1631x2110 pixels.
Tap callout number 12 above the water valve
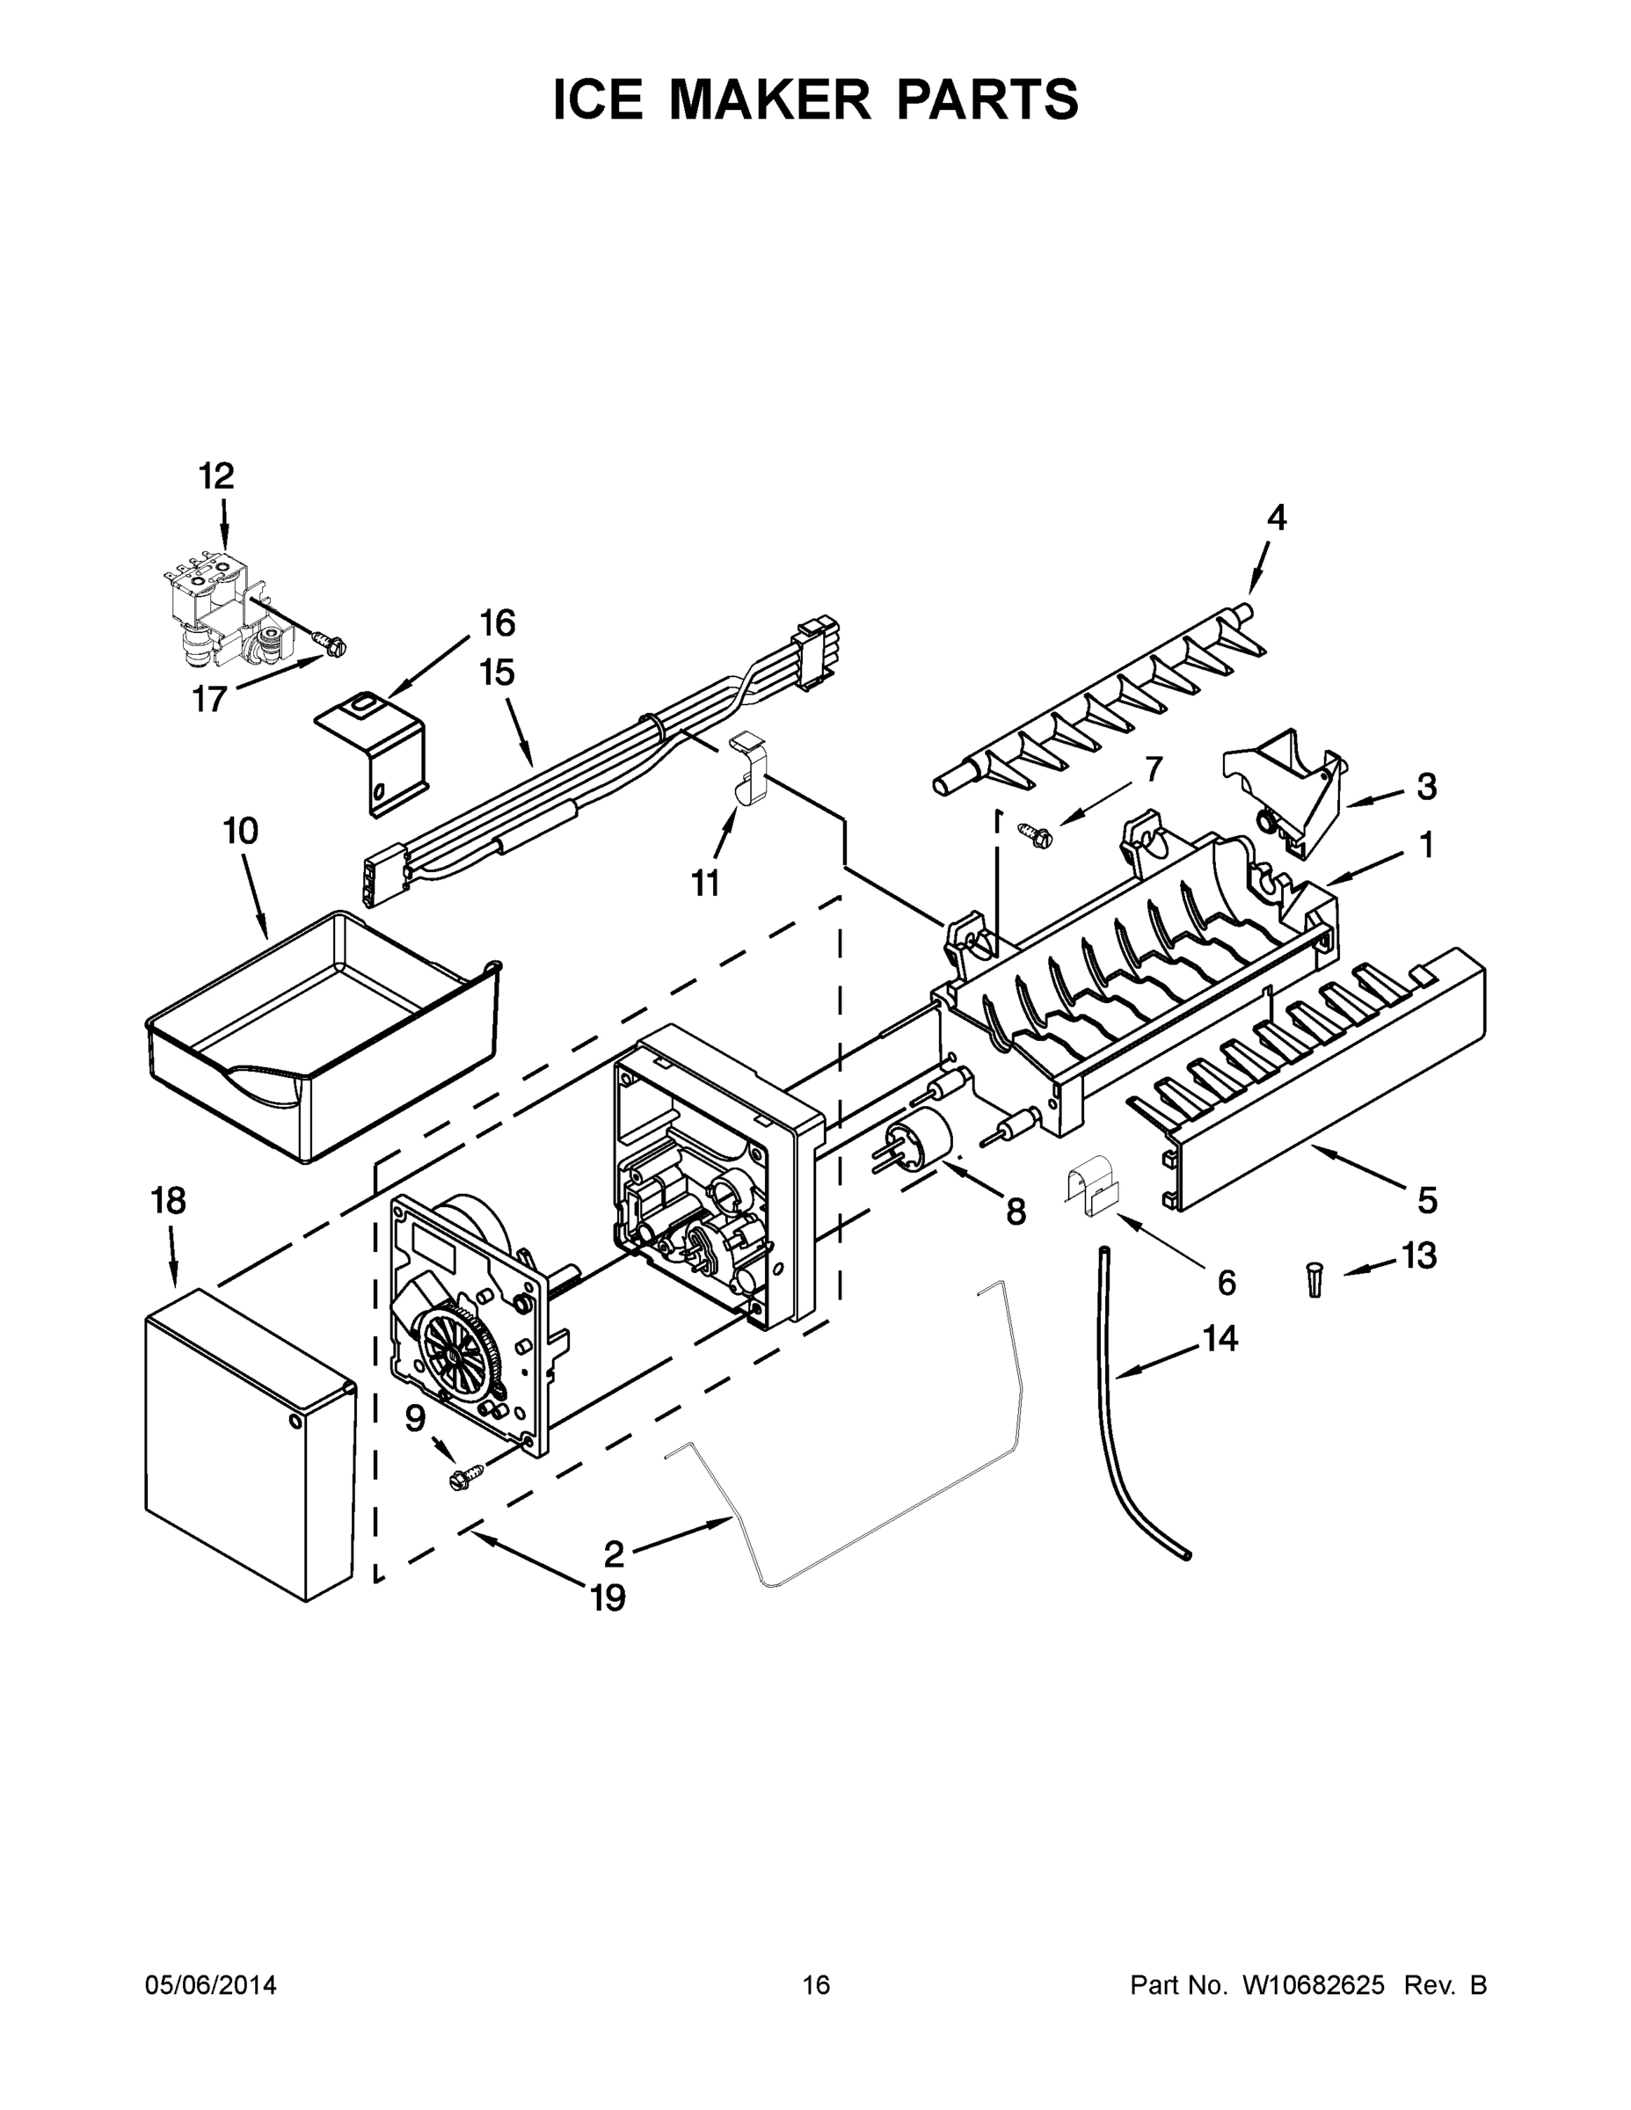[x=216, y=477]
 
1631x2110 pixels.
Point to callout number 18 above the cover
[x=168, y=1201]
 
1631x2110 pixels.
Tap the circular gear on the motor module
[x=454, y=1350]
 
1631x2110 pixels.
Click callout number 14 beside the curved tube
[x=1220, y=1338]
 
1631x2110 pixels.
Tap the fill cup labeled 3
[x=1285, y=784]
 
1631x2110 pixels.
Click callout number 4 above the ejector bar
[x=1277, y=519]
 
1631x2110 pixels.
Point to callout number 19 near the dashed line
[x=608, y=1599]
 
